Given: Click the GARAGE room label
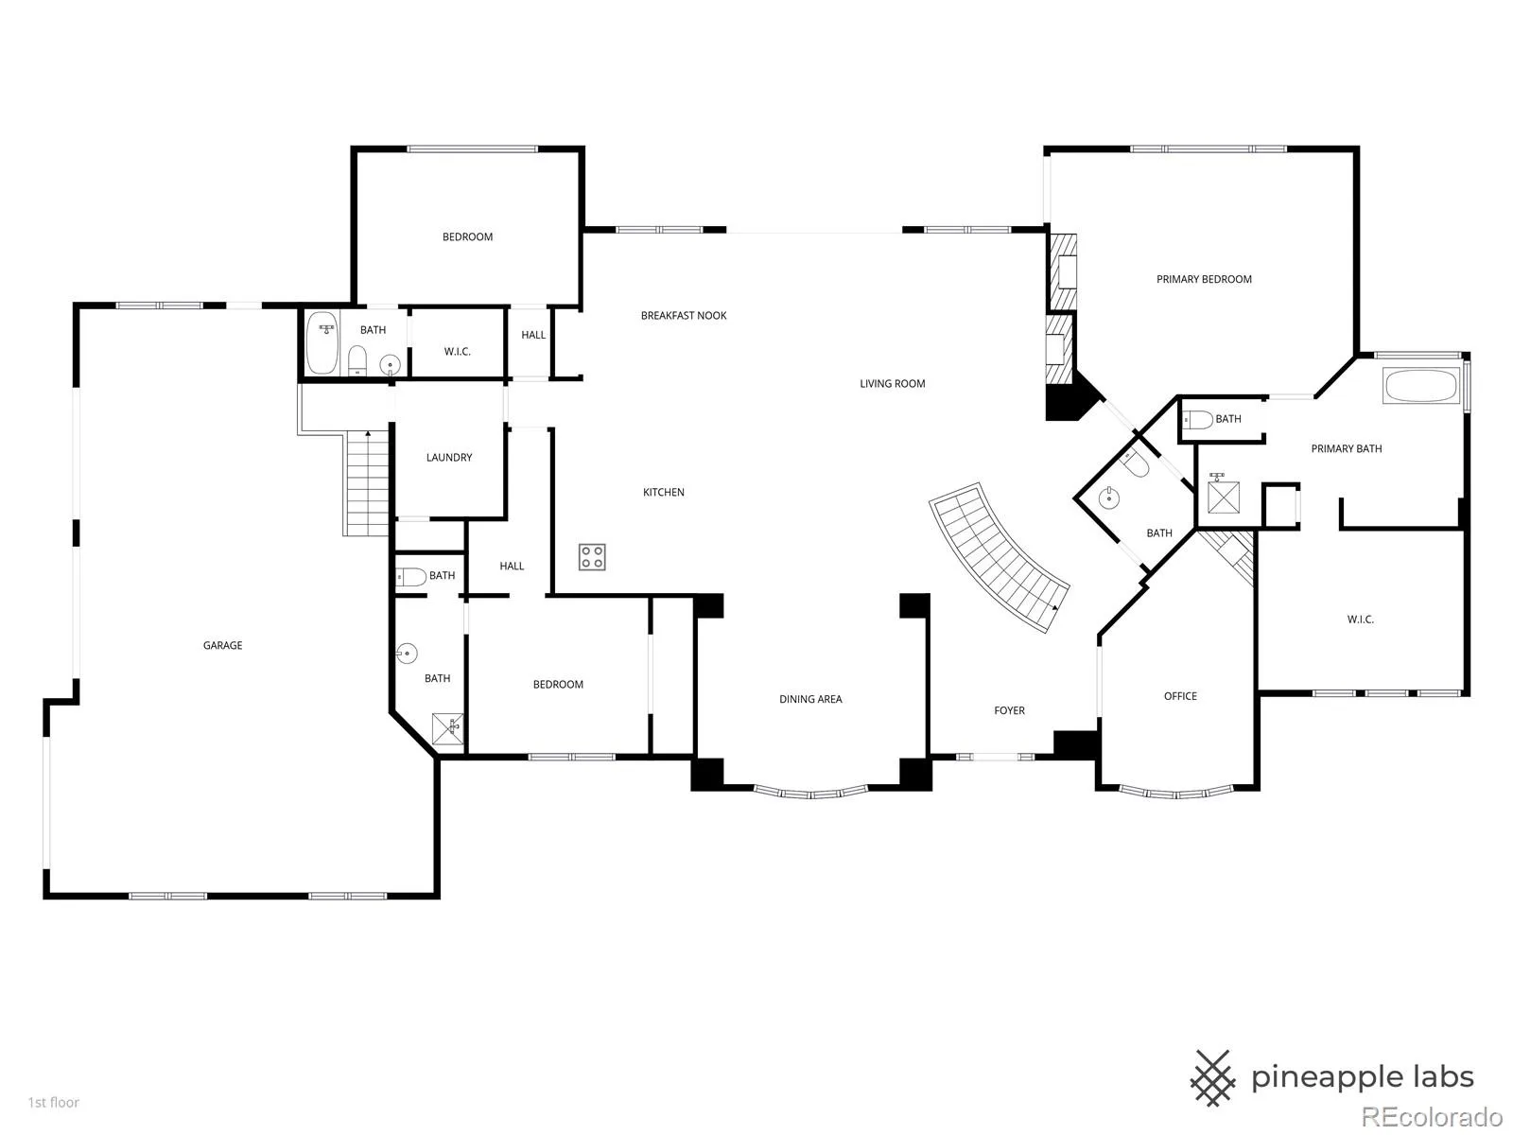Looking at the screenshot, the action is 222,645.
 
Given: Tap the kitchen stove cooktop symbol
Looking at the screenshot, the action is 591,557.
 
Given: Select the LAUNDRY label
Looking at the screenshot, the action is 449,457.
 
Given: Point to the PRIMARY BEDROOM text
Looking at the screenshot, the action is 1204,279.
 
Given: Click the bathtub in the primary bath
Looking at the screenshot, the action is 1421,386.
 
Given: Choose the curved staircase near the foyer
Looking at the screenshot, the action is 999,555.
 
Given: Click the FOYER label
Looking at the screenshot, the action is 1009,710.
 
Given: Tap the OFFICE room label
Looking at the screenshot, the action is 1180,696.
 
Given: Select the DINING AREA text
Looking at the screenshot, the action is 810,699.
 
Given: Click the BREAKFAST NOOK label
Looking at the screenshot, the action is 684,316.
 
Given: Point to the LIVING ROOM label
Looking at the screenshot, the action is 892,383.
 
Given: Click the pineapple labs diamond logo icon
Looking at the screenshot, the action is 1212,1078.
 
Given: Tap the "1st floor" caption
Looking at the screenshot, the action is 54,1102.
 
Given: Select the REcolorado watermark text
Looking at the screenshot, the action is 1433,1116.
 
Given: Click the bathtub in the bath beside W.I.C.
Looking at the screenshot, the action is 322,343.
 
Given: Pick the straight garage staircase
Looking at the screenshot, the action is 367,482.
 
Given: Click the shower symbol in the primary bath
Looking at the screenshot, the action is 1224,497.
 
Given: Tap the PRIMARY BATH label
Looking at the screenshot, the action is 1347,448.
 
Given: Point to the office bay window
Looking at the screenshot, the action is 1176,792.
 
